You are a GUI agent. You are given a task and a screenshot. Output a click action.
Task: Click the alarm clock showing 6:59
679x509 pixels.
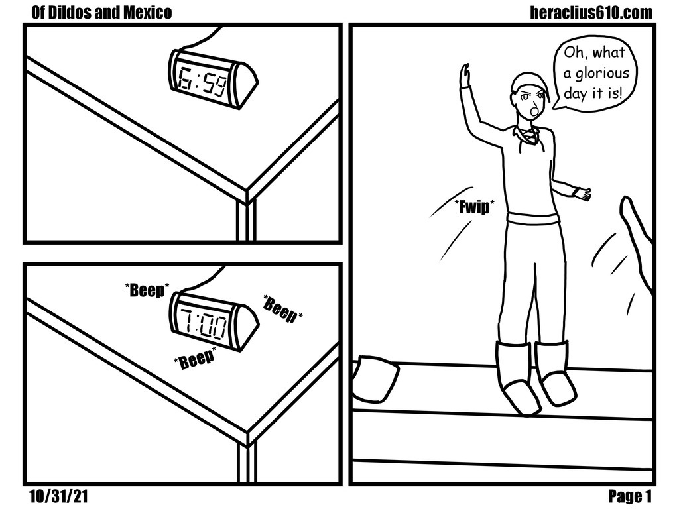[x=213, y=78]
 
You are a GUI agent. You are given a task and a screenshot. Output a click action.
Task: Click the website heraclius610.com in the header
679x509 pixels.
[x=591, y=13]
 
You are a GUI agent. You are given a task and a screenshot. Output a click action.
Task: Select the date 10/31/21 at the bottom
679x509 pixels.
[x=58, y=496]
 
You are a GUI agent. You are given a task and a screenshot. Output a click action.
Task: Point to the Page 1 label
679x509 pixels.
[x=630, y=496]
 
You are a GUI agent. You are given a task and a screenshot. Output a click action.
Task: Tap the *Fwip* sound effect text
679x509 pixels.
[x=474, y=207]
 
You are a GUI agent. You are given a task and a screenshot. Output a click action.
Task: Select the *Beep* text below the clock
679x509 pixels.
[x=195, y=357]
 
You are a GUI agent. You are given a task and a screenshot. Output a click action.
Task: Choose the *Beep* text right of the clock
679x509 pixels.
[x=282, y=309]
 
